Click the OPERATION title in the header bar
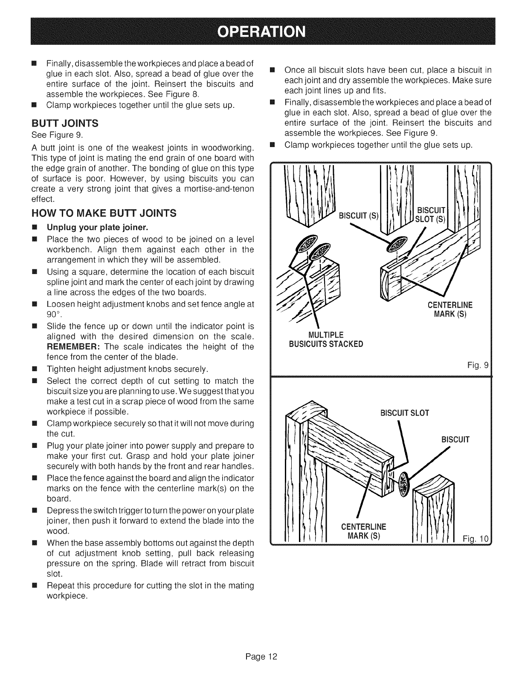[x=261, y=32]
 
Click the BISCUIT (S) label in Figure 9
[x=358, y=215]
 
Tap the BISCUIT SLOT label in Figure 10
[x=405, y=413]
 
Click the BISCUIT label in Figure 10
[x=455, y=439]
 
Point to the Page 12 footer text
[x=261, y=656]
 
